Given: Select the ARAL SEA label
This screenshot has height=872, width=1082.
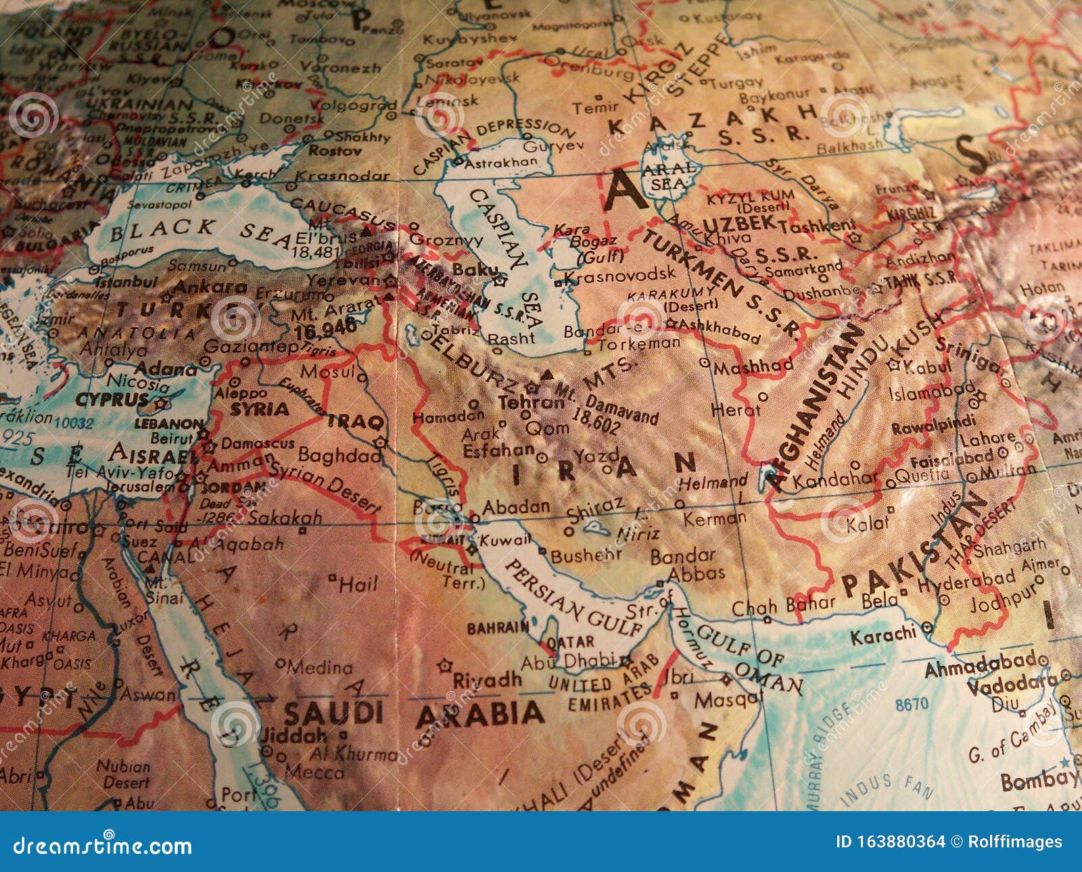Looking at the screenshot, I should [x=672, y=174].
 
